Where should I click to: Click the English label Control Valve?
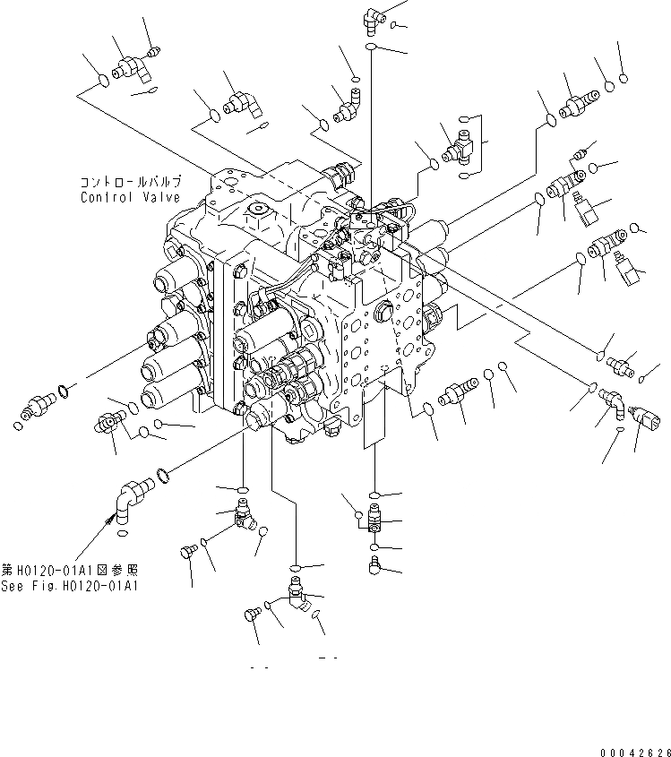(x=130, y=197)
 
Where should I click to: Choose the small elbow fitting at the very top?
(x=372, y=16)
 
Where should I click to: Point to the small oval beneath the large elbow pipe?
(x=124, y=535)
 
